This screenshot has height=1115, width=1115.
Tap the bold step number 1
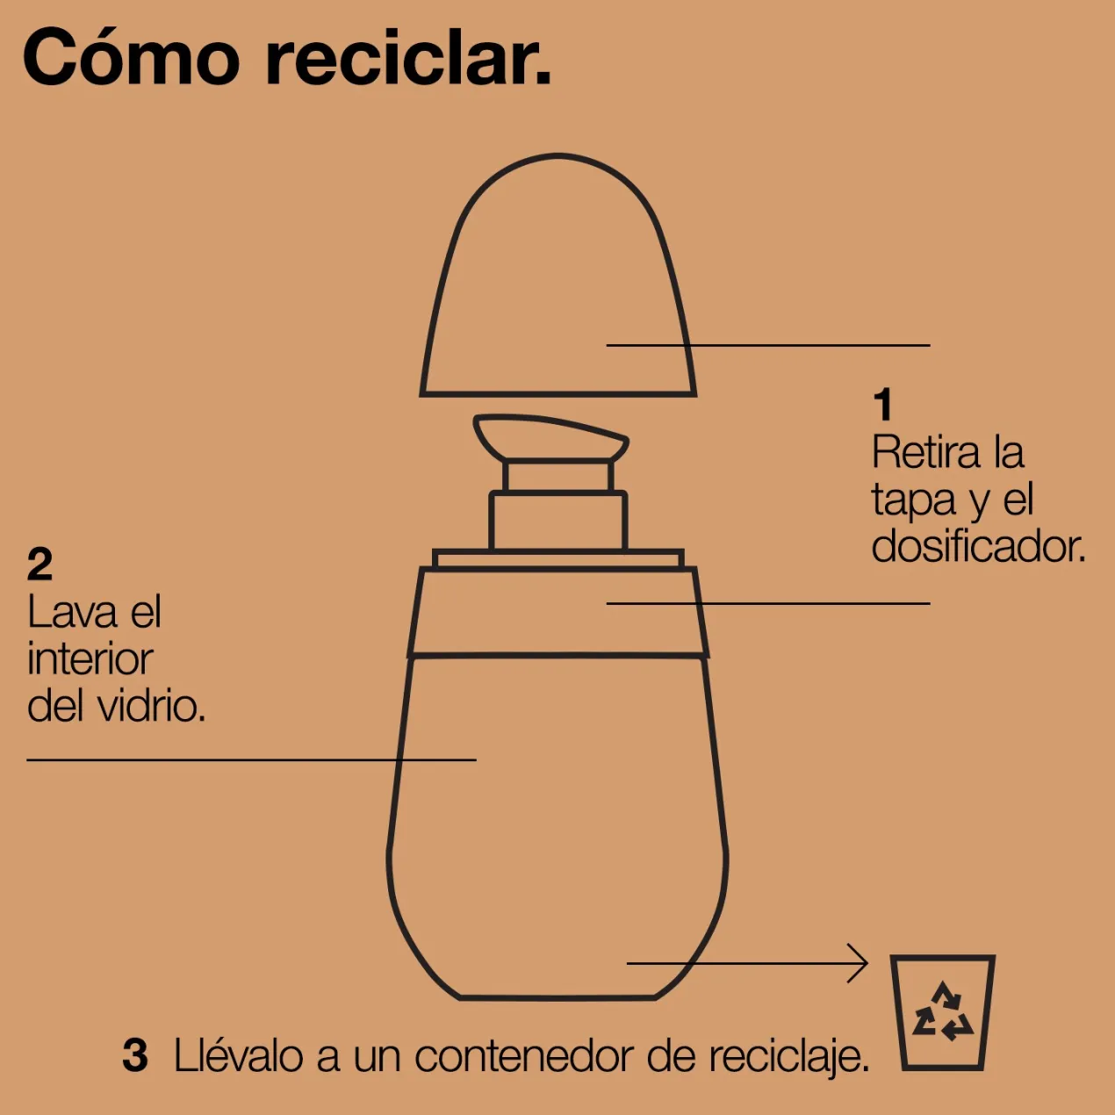[882, 405]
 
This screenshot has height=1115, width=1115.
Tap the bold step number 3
[135, 1054]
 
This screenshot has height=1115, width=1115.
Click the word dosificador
[978, 547]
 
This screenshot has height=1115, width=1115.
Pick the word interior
[90, 659]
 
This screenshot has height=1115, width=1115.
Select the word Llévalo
[239, 1056]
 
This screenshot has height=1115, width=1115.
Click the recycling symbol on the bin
[943, 1011]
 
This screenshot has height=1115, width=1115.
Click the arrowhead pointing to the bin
[860, 963]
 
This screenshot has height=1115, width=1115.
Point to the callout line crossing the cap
[768, 345]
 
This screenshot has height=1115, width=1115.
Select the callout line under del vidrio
[251, 759]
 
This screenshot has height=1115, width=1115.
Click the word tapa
[913, 500]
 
